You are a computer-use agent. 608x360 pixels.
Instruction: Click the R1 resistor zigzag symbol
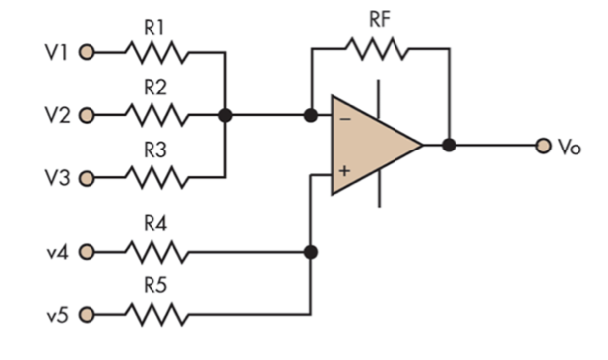[x=154, y=52]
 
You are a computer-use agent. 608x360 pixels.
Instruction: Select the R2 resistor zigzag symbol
[x=154, y=115]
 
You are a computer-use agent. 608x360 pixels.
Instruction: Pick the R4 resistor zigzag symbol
[x=154, y=252]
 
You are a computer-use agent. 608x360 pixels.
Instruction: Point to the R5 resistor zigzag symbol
[x=154, y=315]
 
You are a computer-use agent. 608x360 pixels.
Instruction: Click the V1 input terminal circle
[x=86, y=52]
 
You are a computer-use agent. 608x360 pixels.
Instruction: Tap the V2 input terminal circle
[x=86, y=115]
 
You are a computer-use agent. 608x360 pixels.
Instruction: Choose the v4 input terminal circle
[x=86, y=252]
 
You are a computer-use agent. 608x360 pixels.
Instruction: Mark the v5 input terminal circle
[x=86, y=315]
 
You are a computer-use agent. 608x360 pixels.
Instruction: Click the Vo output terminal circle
[x=542, y=146]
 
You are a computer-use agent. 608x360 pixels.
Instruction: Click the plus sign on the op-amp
[x=344, y=171]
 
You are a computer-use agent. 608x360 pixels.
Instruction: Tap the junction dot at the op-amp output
[x=449, y=146]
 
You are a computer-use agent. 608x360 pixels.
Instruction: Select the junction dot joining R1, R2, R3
[x=225, y=115]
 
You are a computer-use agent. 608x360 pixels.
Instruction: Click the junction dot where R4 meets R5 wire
[x=311, y=252]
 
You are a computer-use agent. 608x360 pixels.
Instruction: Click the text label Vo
[x=570, y=147]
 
